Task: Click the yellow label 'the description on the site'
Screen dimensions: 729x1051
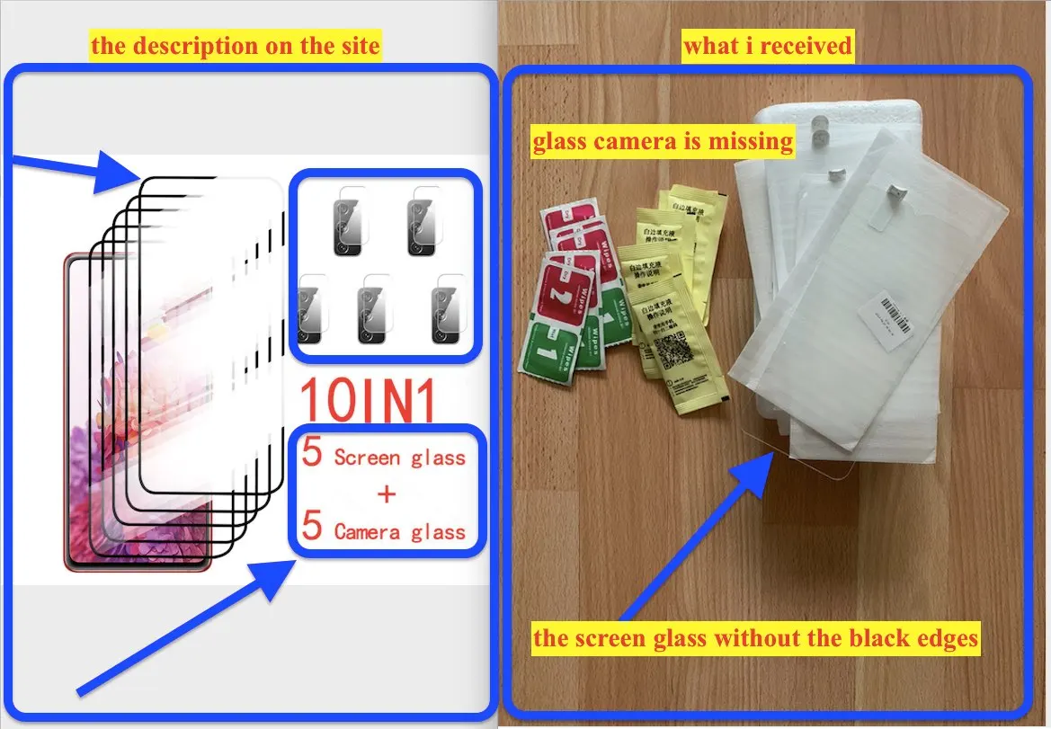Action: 236,46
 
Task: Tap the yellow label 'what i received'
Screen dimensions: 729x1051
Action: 767,46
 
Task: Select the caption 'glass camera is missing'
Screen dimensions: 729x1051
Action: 663,142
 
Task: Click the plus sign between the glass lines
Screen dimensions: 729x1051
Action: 387,494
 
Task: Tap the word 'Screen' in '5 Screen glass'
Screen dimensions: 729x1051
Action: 367,458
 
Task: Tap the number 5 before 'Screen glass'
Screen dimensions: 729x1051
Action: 312,453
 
